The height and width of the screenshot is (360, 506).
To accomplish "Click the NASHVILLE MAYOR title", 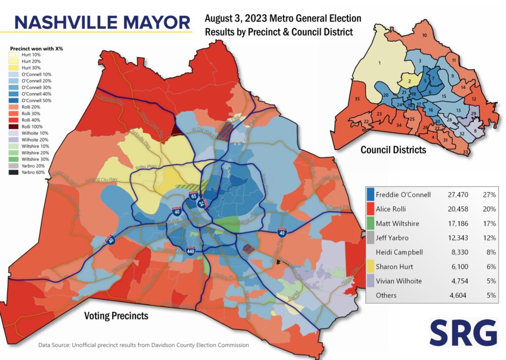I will point(102,22).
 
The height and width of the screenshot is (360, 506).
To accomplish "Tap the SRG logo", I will point(463,332).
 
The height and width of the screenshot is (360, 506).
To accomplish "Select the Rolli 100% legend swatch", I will point(16,126).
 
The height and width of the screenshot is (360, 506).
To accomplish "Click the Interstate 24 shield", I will point(202,203).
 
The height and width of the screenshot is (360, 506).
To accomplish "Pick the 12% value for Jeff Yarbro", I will point(490,237).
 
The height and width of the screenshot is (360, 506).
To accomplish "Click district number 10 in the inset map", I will point(424,36).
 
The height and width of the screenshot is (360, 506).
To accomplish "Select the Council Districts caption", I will point(393,149).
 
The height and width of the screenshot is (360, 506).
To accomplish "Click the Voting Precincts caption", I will point(117,315).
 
